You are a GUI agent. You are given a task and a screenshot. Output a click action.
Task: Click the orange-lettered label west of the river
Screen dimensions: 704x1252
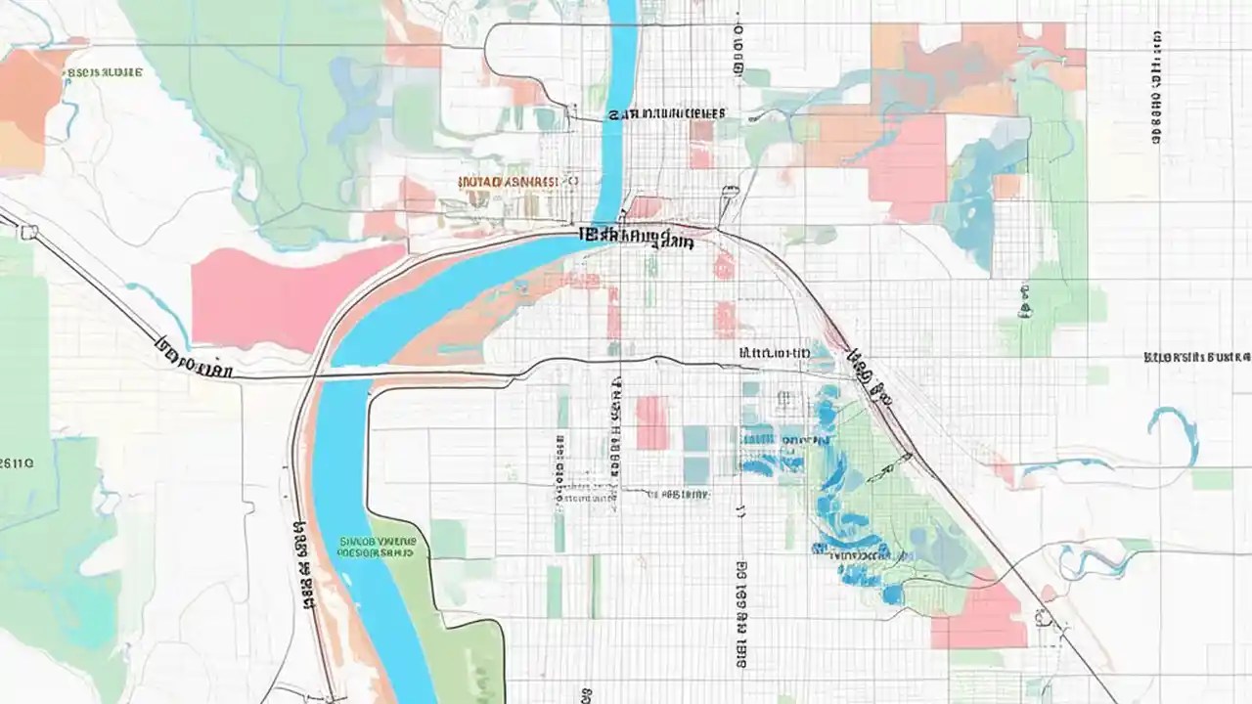(506, 182)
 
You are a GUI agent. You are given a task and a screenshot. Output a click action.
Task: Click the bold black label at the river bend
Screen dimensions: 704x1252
(636, 236)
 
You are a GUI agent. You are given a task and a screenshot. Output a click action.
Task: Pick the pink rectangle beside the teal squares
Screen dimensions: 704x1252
(651, 422)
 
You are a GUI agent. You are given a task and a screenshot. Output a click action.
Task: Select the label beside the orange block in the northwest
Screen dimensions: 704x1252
(105, 72)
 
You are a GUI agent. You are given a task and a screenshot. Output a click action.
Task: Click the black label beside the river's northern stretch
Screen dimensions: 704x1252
(665, 113)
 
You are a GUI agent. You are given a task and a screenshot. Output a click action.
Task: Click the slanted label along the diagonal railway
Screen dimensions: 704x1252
(869, 376)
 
